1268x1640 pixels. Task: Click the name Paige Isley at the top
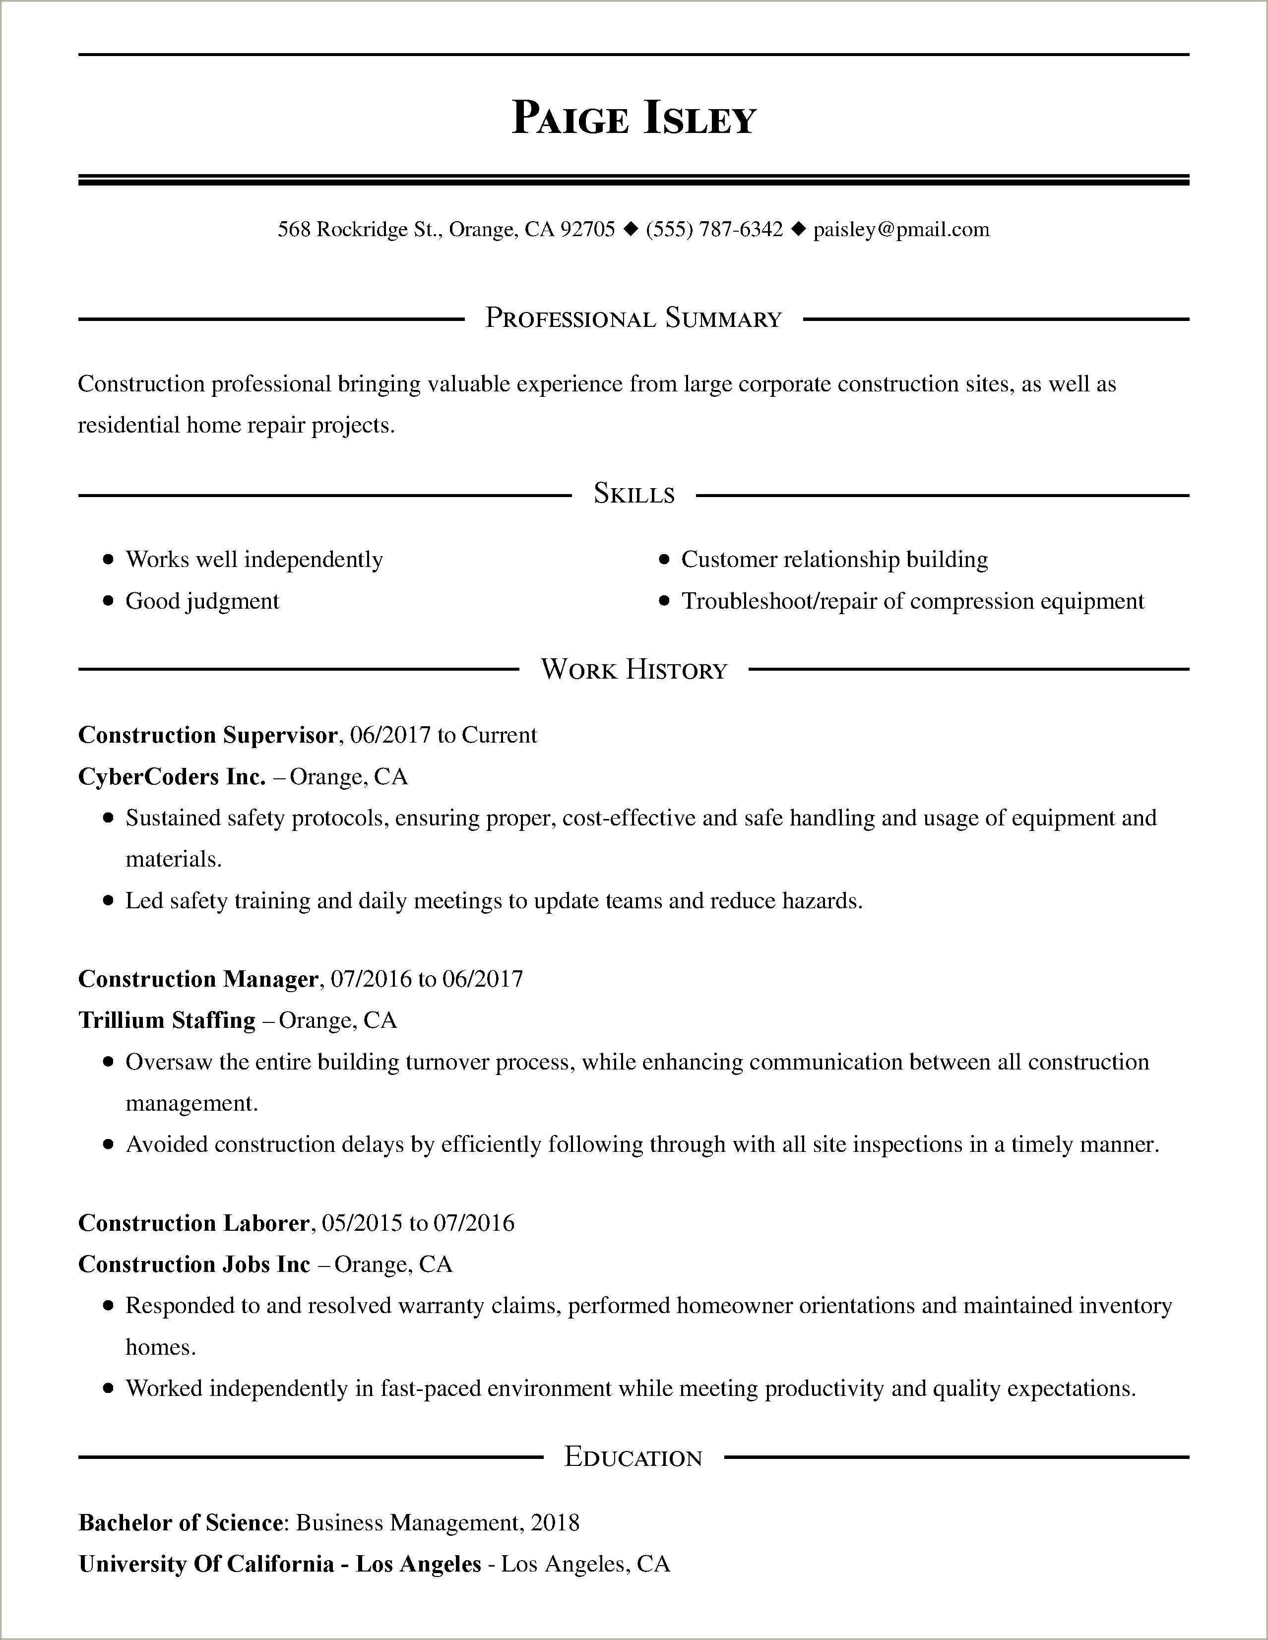point(633,119)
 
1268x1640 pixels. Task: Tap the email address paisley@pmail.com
point(901,229)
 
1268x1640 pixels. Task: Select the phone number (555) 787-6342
point(713,229)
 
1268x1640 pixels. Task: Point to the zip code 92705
point(588,229)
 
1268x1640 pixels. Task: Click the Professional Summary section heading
point(633,318)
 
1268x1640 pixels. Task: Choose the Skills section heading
point(634,494)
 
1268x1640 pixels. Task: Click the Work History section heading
point(634,669)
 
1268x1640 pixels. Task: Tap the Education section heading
point(633,1457)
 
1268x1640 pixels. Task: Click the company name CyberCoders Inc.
point(172,776)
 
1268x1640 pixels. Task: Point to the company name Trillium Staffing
point(167,1020)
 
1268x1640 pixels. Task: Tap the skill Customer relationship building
point(834,560)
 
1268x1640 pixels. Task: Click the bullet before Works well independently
point(109,560)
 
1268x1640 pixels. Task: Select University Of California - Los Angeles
point(279,1564)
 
